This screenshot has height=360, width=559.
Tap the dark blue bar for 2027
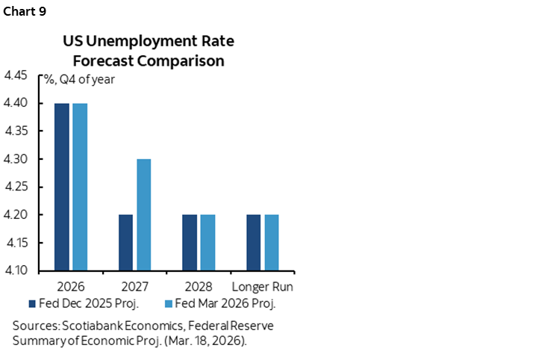coord(127,243)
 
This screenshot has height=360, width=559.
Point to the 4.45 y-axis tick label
coord(16,75)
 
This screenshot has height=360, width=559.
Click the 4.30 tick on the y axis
coord(16,159)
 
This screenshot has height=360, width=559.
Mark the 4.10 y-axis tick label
coord(16,270)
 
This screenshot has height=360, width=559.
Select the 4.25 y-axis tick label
coord(16,187)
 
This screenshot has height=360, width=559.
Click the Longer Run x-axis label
coord(262,287)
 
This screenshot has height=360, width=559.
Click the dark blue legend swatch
coord(32,303)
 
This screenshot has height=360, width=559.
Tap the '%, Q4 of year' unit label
coord(76,80)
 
